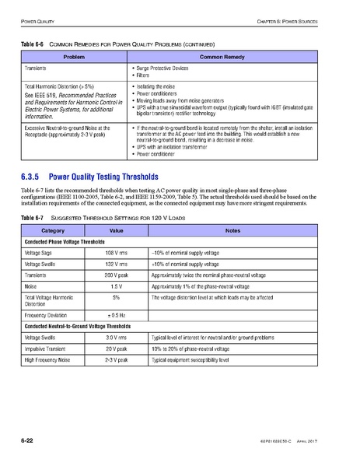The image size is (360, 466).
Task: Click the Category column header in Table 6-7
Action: (53, 230)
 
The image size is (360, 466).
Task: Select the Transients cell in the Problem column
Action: (39, 68)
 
